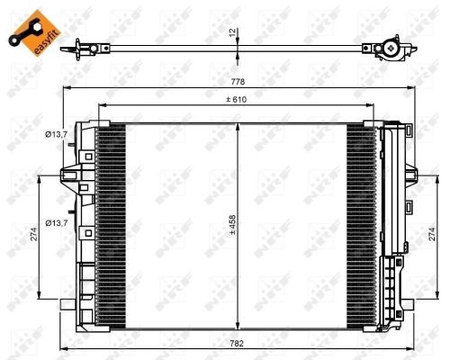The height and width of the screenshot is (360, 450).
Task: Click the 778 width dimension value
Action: (236, 82)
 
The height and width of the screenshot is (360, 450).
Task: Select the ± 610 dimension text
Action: (236, 99)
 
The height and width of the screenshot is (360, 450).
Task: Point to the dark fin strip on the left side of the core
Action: (111, 220)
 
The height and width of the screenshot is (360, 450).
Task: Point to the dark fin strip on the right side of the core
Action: (363, 220)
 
